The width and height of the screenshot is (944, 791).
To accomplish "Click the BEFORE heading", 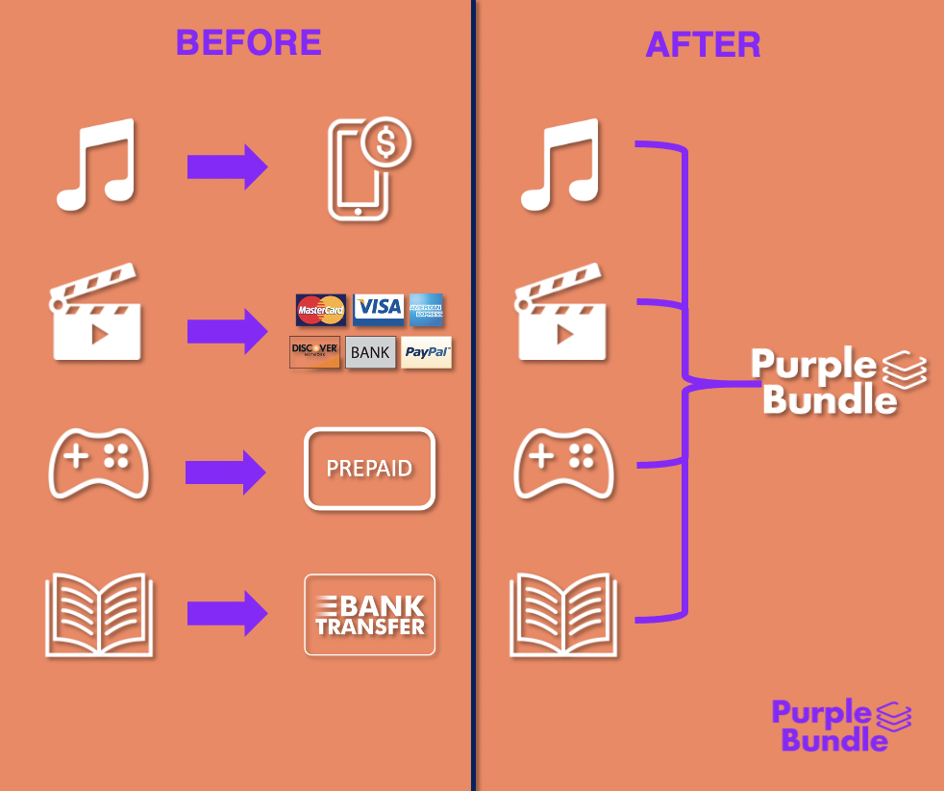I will coord(248,42).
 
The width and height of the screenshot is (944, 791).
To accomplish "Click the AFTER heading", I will coord(703,44).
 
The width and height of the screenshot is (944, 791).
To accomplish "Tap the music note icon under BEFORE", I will coord(96,165).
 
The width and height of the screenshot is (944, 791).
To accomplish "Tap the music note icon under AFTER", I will coord(560,165).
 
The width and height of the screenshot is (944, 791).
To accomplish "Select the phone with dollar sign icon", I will coord(368,170).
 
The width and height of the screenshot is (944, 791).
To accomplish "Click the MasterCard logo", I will coord(321,310).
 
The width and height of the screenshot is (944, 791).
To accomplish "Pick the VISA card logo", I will coord(379,308).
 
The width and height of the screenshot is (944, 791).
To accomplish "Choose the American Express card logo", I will coord(426,308).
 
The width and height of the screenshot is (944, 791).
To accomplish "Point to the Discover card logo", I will coord(314,352).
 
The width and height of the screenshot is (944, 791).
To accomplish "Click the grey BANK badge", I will coord(370,352).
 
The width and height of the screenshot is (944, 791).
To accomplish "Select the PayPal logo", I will coord(426,352).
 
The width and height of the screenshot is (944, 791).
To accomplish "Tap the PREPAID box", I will coord(370,469).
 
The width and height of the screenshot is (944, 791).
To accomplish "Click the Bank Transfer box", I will coord(370,615).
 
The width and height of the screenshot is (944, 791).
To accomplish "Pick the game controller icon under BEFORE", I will coord(99,463).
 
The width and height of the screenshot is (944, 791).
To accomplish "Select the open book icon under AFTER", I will coord(562,616).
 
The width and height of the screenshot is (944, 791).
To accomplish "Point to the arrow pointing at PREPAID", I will coord(226,472).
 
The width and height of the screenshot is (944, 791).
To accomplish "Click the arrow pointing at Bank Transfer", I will coord(227,613).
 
